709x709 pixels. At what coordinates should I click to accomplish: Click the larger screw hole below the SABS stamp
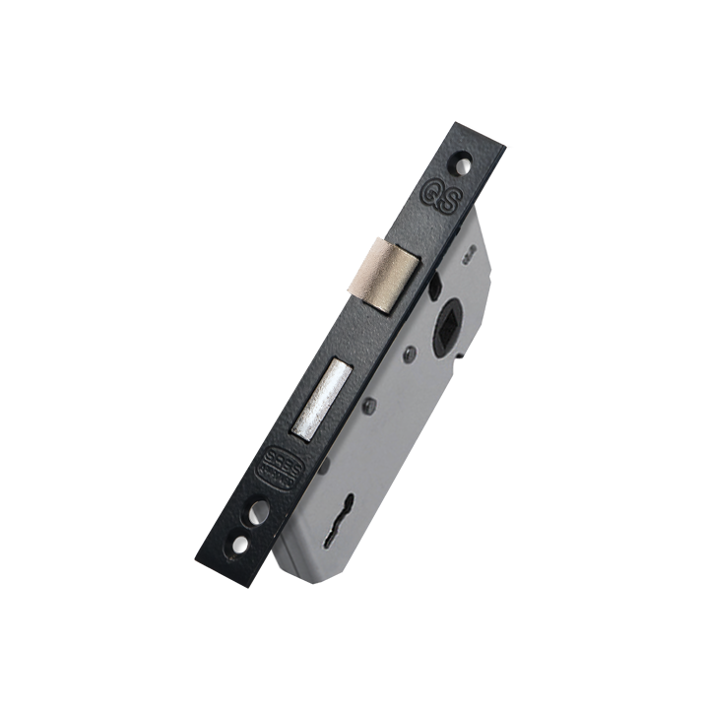[257, 512]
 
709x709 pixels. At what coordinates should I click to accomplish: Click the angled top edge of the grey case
[483, 223]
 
